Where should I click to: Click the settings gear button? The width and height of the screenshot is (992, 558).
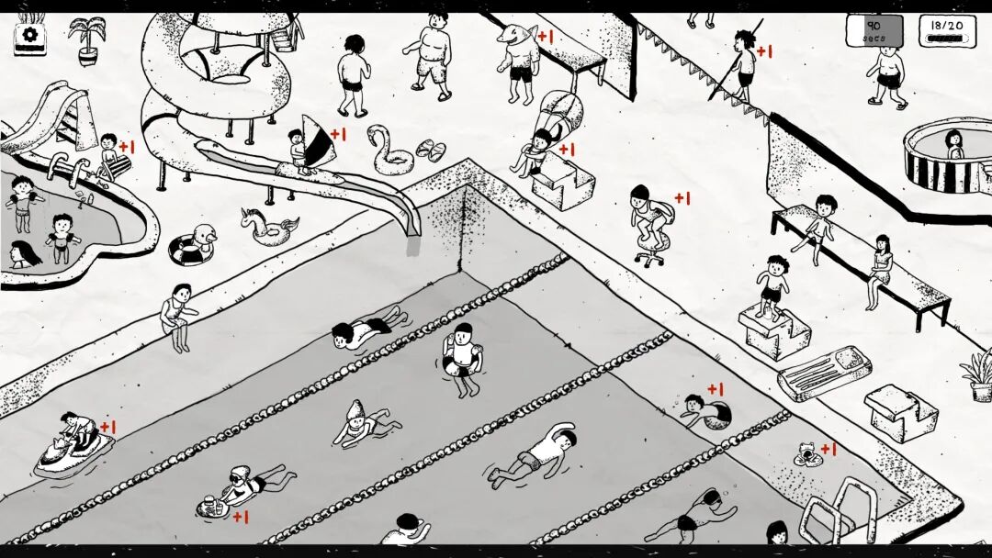[29, 35]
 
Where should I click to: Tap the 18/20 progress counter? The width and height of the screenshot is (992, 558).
[947, 30]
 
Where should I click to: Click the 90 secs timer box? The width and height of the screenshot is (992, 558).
[874, 30]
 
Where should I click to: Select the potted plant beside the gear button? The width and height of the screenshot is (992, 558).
[86, 39]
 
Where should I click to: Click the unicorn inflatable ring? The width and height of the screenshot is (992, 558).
[269, 226]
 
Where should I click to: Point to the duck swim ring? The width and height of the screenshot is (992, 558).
[193, 247]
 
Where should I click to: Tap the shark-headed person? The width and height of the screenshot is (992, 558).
[519, 60]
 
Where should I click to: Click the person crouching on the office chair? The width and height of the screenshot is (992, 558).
[648, 216]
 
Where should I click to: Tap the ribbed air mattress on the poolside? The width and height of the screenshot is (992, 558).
[824, 371]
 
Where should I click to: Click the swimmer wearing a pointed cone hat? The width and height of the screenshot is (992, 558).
[358, 424]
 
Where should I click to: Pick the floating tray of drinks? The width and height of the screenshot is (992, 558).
[212, 504]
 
